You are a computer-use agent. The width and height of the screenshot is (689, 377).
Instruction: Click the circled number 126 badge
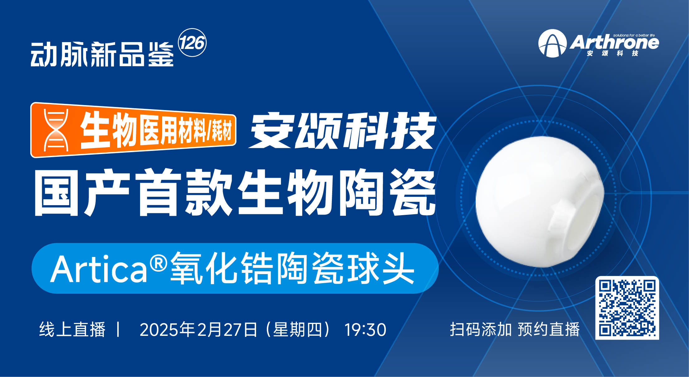pyautogui.click(x=192, y=43)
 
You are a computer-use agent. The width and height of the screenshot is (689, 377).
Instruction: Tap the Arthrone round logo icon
pyautogui.click(x=552, y=43)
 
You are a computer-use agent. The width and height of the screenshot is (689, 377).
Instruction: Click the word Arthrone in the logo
pyautogui.click(x=614, y=42)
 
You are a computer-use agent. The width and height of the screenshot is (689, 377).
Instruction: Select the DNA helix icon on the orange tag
pyautogui.click(x=56, y=130)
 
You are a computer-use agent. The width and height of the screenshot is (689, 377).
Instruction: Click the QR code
pyautogui.click(x=627, y=308)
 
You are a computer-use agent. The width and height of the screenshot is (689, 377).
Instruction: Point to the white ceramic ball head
pyautogui.click(x=540, y=201)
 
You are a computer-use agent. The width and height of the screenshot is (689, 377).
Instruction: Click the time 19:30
pyautogui.click(x=365, y=330)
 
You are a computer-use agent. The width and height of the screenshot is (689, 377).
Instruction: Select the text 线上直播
pyautogui.click(x=72, y=329)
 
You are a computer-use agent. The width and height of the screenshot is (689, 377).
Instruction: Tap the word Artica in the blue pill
pyautogui.click(x=99, y=269)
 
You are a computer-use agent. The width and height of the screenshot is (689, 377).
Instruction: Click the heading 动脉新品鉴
pyautogui.click(x=102, y=54)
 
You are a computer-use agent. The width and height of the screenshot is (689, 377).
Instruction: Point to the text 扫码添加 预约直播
pyautogui.click(x=515, y=329)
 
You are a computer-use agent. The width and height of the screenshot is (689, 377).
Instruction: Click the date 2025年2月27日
pyautogui.click(x=198, y=330)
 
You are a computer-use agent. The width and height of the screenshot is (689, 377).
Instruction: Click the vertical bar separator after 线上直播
pyautogui.click(x=118, y=329)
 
